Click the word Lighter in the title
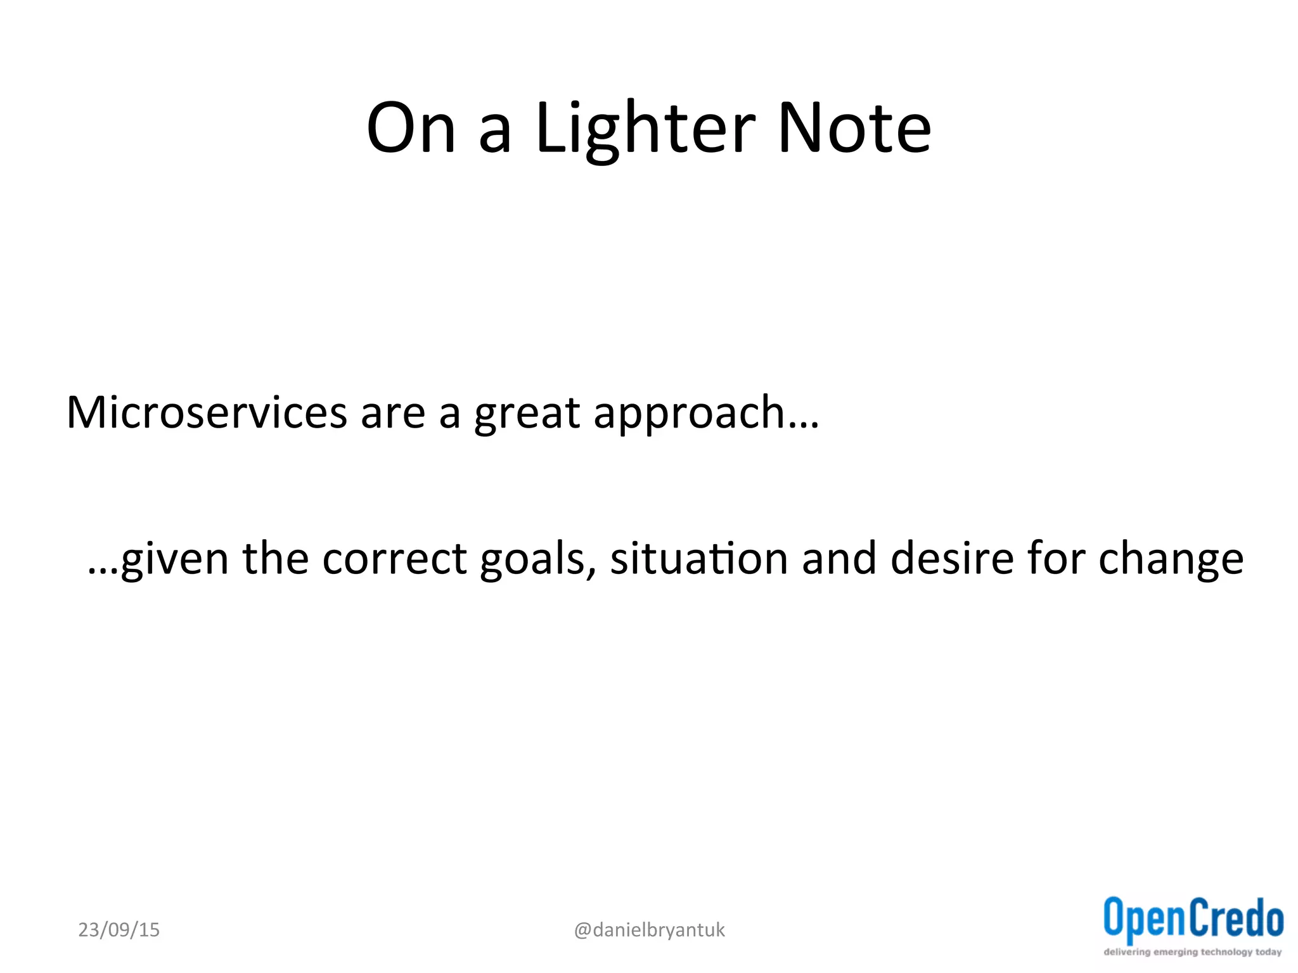pos(645,130)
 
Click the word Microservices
pos(207,413)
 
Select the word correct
pos(394,559)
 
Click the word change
pos(1171,560)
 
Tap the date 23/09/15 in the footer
pos(119,930)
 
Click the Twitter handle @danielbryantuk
pos(649,930)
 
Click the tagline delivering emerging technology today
pos(1193,952)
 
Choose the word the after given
pos(275,559)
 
